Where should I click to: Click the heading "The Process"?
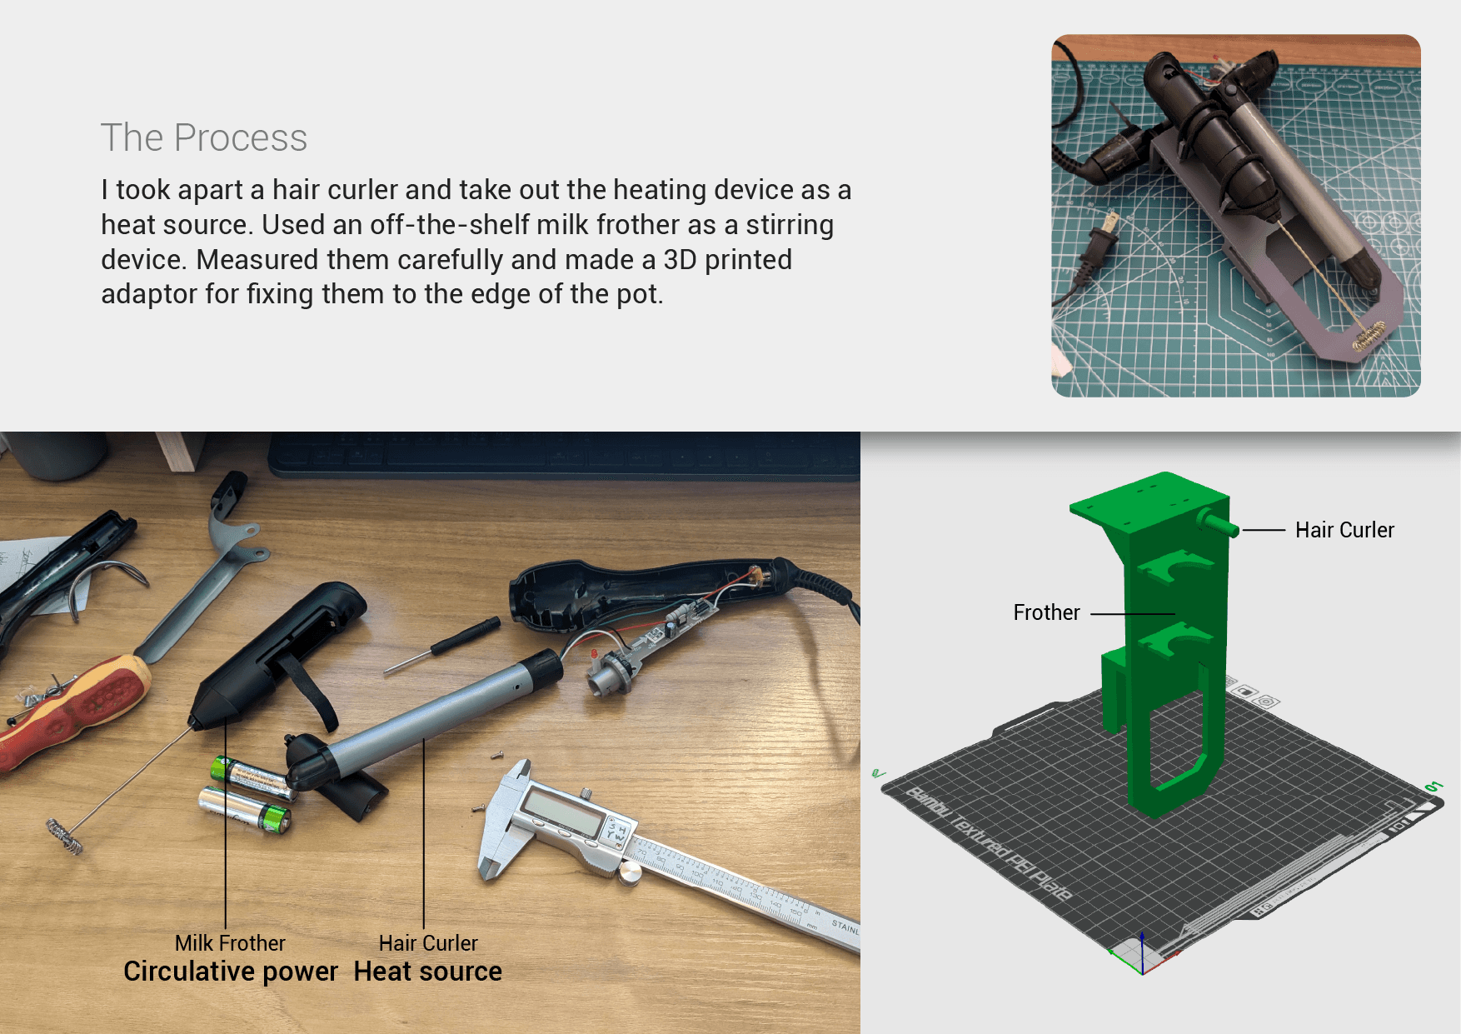click(204, 137)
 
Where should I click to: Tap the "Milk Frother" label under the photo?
click(230, 943)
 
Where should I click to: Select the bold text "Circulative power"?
click(231, 972)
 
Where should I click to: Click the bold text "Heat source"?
click(428, 972)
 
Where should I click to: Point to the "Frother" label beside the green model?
click(1046, 612)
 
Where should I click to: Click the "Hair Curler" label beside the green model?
click(1344, 530)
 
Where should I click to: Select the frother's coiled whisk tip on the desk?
click(64, 837)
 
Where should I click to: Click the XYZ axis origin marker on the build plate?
click(1142, 954)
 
